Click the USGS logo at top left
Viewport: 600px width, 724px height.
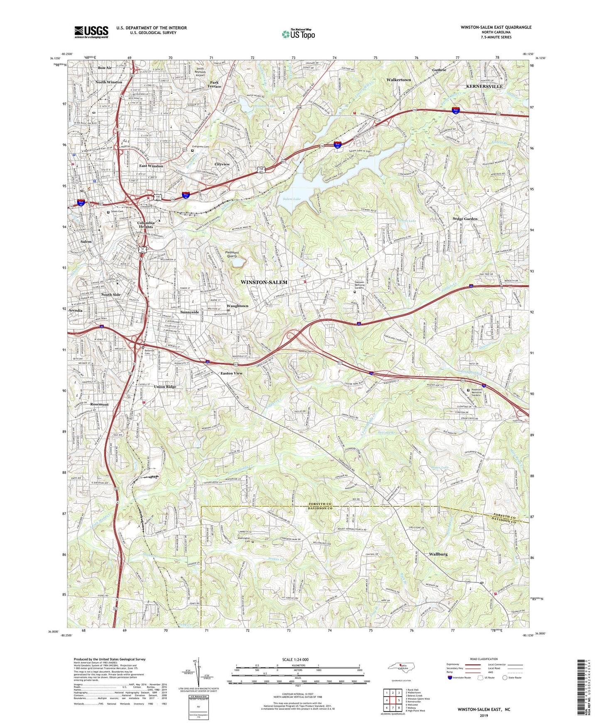point(91,32)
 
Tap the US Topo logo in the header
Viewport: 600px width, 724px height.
point(298,34)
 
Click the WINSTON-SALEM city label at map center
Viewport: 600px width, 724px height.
point(264,282)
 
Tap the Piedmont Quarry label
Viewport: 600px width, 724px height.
point(232,254)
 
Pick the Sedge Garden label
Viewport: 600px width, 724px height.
point(465,219)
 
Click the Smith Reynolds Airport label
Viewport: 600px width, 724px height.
point(201,72)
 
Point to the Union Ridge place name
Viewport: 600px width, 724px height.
point(165,386)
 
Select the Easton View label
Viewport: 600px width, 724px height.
point(231,373)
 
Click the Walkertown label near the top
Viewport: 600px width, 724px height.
point(398,80)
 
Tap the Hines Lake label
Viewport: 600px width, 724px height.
point(440,467)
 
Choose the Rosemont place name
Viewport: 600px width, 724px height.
point(99,404)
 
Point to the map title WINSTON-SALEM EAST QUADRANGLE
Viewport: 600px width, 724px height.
point(496,27)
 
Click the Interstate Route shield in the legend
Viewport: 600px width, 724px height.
point(450,678)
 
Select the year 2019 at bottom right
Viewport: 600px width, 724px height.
point(484,715)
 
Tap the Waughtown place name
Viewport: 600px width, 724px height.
point(237,306)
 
